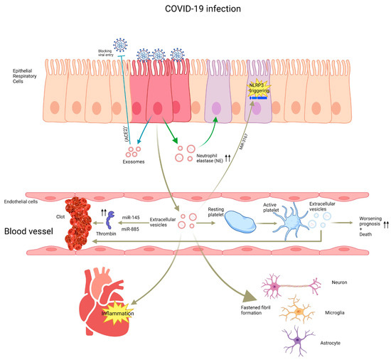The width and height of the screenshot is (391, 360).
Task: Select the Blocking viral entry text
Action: coord(112,53)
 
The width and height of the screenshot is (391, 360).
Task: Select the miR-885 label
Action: coord(133,229)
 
